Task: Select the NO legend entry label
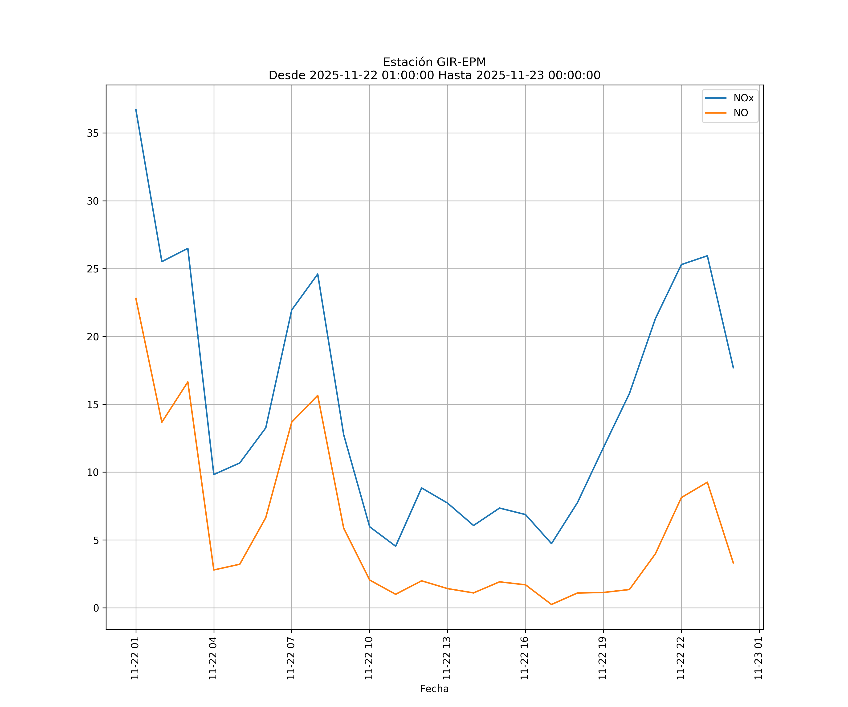(741, 113)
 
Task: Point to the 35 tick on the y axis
(93, 133)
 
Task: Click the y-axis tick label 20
(93, 337)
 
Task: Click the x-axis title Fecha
(434, 689)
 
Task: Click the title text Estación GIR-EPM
(434, 62)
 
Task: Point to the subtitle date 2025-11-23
(510, 76)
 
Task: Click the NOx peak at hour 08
(317, 274)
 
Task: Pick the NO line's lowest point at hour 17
(551, 604)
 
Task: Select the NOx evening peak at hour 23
(707, 256)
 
